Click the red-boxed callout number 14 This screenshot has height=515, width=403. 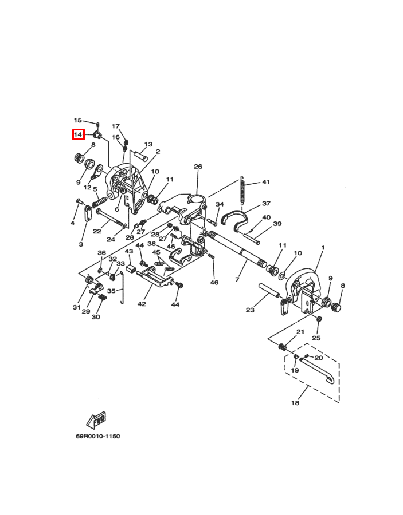tap(78, 134)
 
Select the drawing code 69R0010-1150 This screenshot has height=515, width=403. tap(97, 435)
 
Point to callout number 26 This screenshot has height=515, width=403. tap(198, 167)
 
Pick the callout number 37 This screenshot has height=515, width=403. tap(266, 203)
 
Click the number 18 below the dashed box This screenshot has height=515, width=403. tap(295, 403)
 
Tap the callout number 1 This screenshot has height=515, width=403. tap(322, 248)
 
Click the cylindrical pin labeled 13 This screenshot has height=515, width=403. tap(142, 154)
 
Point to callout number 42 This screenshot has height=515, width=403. tap(142, 304)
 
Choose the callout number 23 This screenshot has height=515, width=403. tap(249, 311)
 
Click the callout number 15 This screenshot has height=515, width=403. tap(78, 120)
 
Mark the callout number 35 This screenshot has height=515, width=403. tap(111, 291)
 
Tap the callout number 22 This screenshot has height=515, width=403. tap(97, 231)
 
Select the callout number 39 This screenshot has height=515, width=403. tap(277, 224)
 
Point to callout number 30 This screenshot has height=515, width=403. tap(96, 316)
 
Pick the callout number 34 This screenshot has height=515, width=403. tap(220, 204)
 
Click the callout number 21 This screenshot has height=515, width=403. tap(300, 332)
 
